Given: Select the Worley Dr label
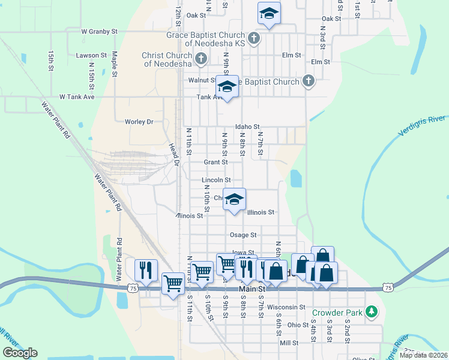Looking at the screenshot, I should [139, 122].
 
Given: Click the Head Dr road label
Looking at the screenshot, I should [173, 155].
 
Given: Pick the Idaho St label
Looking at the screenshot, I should [247, 127].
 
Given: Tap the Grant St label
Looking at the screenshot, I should [215, 162].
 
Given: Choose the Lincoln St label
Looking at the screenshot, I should [216, 180].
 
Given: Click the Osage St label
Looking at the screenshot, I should [243, 235].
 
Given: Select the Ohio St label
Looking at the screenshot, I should [297, 325].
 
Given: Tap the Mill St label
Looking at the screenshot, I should [289, 343].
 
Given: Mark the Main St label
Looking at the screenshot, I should [252, 289].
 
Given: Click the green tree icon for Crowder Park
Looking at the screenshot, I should [372, 312].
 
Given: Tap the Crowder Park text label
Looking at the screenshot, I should [337, 313].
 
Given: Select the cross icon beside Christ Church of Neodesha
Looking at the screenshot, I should [201, 59].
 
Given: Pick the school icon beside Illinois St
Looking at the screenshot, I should [235, 200].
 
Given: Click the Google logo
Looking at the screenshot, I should [20, 353].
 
